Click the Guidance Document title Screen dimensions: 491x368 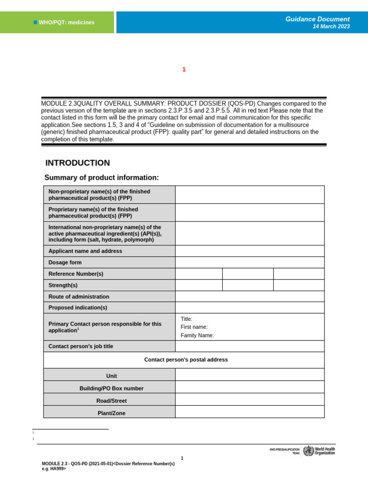pos(317,19)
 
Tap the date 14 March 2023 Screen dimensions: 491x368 pos(331,27)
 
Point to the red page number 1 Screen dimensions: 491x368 pos(184,70)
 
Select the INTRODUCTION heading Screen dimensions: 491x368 pos(77,163)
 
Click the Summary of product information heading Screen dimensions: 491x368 pos(101,178)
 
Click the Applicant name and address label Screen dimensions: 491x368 pos(85,251)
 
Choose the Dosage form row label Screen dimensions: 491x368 pos(65,262)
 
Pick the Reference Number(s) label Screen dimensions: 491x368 pos(76,274)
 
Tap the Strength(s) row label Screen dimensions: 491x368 pos(63,285)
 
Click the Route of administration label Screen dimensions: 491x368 pos(79,297)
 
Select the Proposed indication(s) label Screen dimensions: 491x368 pos(78,307)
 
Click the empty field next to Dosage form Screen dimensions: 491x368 pos(250,262)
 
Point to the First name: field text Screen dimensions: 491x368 pos(194,327)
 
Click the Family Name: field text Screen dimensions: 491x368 pos(197,336)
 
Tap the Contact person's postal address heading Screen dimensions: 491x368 pos(186,360)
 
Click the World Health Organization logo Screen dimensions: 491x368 pos(319,451)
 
